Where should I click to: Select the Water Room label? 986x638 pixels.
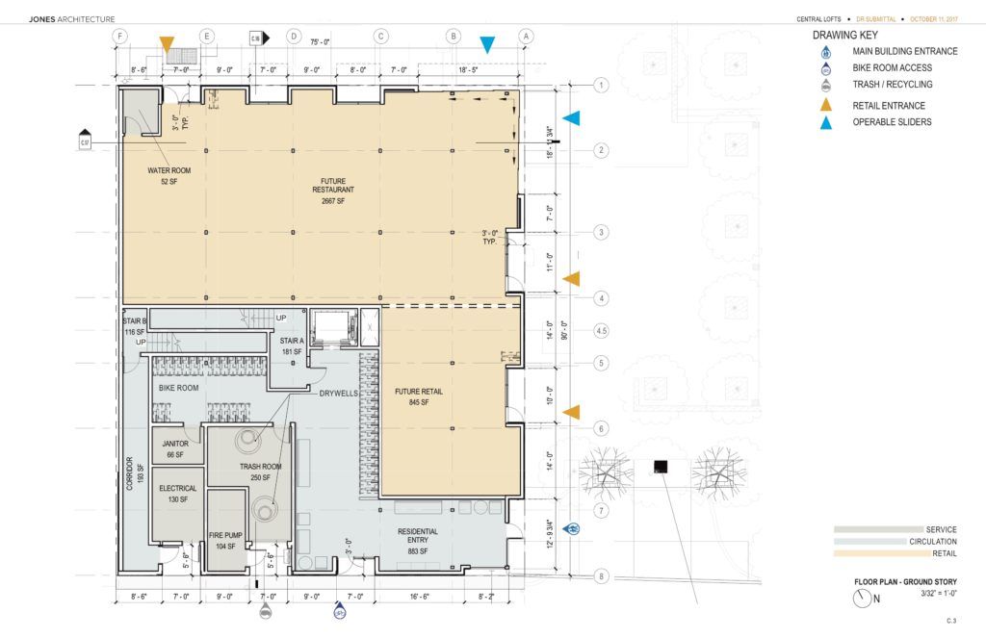(x=169, y=176)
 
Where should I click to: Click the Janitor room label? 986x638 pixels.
(x=175, y=448)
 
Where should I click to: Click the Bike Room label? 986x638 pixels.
(x=178, y=388)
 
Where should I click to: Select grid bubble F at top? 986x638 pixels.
(x=119, y=37)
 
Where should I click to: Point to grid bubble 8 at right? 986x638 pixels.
(x=602, y=576)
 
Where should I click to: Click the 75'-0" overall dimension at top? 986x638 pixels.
(x=321, y=41)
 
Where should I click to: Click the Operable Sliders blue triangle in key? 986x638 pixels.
(x=826, y=122)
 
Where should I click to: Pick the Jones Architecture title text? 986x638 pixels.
(x=72, y=18)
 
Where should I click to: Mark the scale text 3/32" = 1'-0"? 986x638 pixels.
(x=936, y=596)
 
